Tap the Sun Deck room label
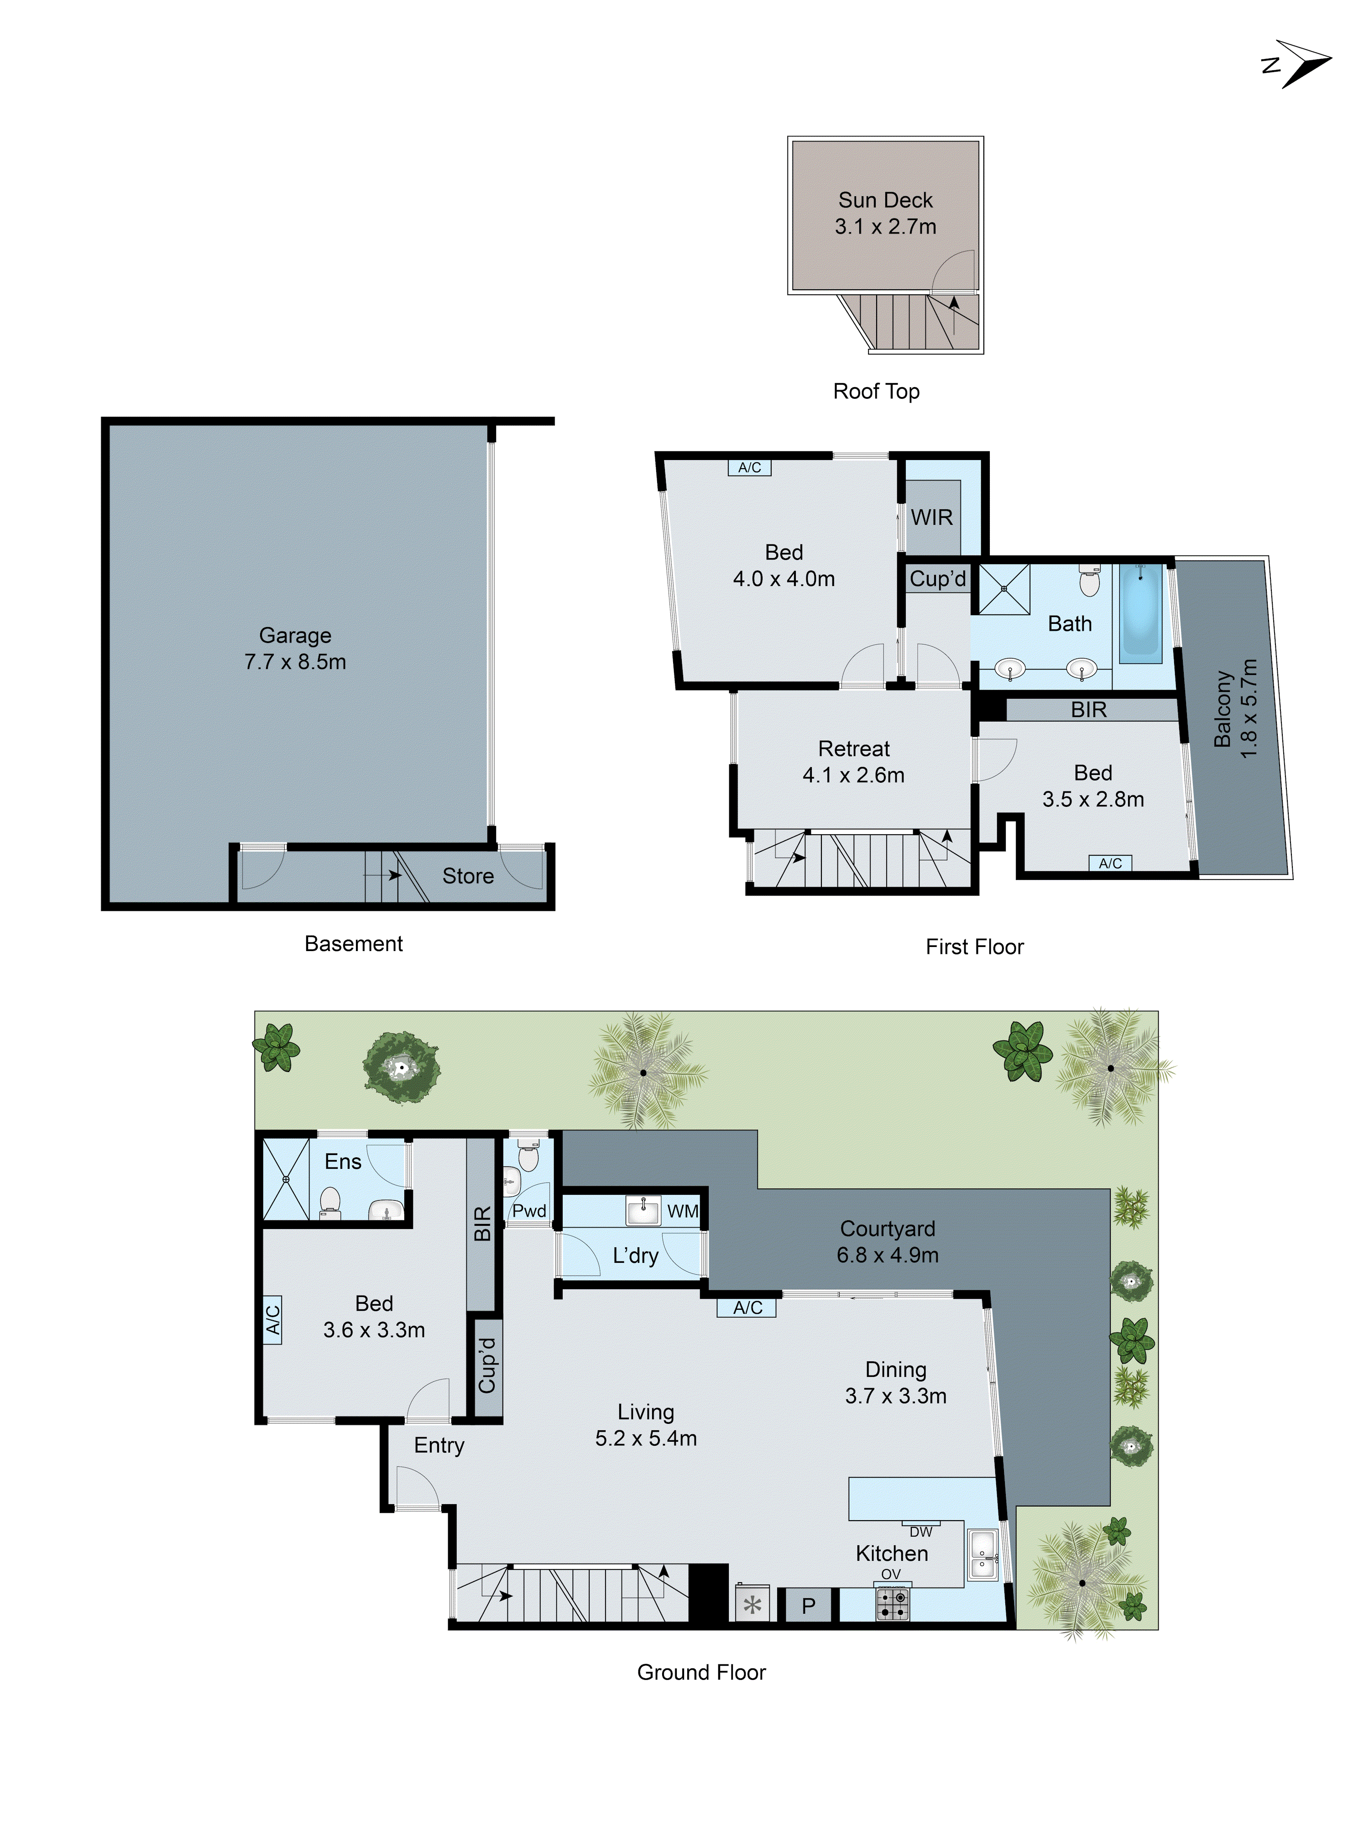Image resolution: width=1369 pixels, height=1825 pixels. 885,200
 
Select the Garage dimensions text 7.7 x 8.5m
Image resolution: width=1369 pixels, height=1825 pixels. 295,662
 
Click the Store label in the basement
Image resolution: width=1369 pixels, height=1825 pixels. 467,876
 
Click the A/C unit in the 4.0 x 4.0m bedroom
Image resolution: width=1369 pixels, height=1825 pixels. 749,468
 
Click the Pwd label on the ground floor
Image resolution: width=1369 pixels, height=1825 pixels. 529,1211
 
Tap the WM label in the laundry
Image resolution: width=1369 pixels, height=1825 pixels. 682,1211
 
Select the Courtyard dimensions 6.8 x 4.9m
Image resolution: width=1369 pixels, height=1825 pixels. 887,1255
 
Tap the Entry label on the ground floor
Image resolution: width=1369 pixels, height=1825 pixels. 439,1445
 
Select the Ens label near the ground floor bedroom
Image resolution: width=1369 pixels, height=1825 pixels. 342,1161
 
